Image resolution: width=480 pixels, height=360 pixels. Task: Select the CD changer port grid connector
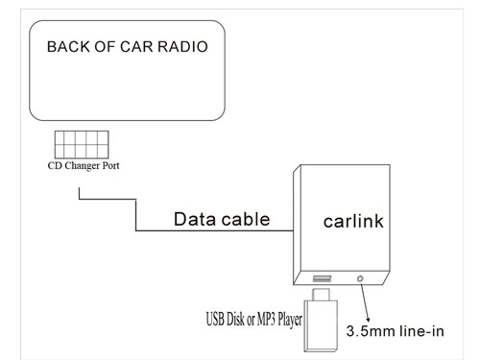[82, 145]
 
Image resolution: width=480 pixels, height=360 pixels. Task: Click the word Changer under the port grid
[82, 166]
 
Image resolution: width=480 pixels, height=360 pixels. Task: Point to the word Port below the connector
[110, 166]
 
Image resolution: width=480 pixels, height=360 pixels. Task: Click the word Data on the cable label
[195, 220]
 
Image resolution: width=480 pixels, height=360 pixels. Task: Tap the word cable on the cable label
[246, 220]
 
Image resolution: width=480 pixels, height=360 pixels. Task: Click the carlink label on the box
[353, 222]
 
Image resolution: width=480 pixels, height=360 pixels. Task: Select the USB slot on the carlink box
[322, 278]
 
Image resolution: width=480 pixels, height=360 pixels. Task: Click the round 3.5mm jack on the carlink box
[360, 279]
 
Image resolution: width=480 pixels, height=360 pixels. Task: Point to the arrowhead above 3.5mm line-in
[368, 319]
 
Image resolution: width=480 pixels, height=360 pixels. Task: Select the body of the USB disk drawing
[321, 326]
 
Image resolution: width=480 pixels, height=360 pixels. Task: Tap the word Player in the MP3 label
[290, 320]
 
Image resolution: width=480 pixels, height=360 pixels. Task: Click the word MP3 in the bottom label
[266, 319]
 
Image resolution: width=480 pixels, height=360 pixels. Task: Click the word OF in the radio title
[105, 47]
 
